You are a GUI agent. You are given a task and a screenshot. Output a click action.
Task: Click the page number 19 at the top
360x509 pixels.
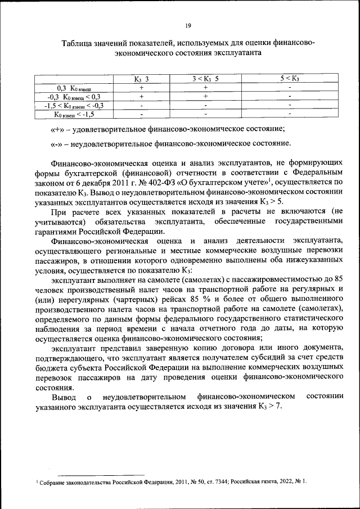[188, 24]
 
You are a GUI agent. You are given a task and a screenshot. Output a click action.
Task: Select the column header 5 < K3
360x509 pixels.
[289, 79]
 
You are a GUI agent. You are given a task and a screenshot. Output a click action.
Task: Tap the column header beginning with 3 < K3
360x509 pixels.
[205, 79]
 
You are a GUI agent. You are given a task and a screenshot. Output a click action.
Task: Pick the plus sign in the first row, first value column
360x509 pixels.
[142, 88]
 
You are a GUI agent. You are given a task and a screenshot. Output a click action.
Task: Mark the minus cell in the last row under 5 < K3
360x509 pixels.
[289, 114]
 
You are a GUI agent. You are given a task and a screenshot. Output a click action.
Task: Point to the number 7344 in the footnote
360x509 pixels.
[213, 483]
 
